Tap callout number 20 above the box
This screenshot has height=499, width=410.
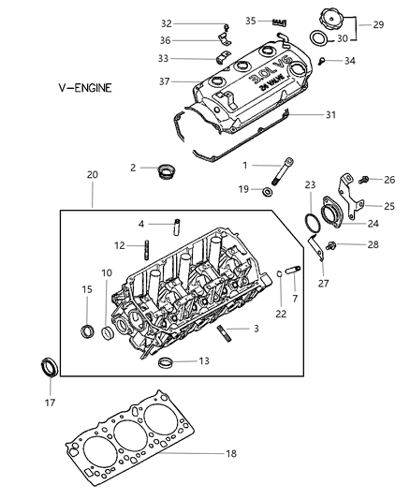93,175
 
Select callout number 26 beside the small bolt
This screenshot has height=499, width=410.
388,181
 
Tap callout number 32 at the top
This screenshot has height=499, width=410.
193,22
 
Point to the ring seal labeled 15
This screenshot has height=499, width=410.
87,330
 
